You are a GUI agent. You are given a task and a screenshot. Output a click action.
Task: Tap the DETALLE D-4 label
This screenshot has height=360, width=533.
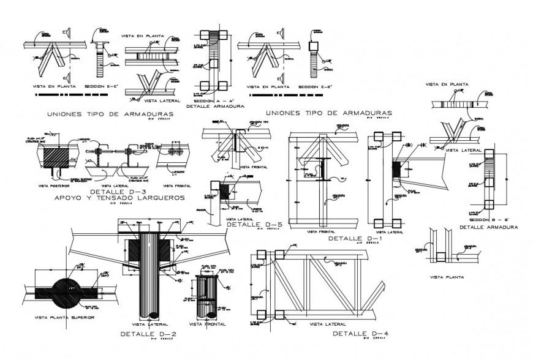coord(357,334)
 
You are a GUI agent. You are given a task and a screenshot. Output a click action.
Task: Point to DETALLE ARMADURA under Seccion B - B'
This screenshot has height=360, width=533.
coord(488,227)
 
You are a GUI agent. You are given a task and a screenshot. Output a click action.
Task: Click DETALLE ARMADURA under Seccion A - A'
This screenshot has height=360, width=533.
coord(217,107)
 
